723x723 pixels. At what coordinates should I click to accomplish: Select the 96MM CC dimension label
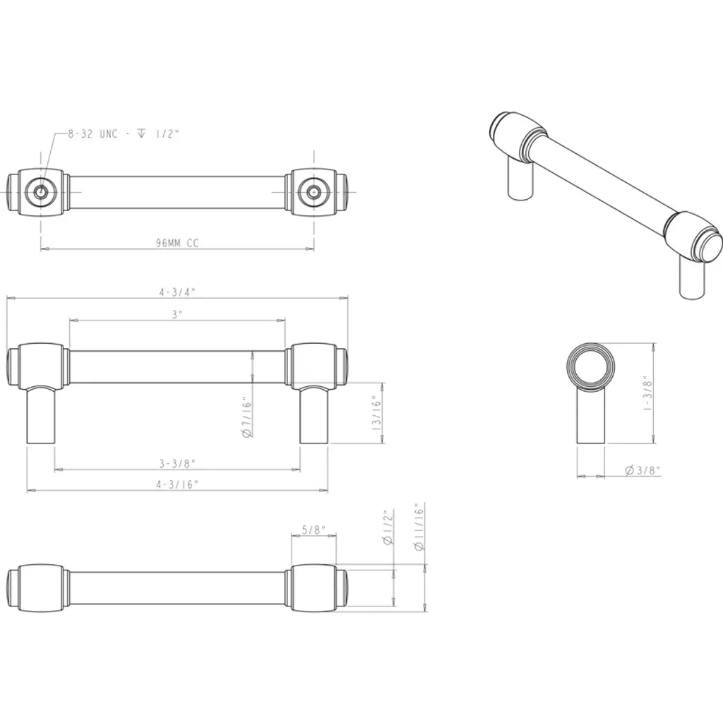tap(177, 243)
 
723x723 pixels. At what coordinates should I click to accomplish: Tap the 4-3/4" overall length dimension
tap(177, 292)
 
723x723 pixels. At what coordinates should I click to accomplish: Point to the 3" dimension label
tap(177, 314)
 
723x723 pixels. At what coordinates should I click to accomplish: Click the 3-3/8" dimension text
tap(177, 463)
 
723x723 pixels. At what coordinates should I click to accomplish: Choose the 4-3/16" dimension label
tap(177, 484)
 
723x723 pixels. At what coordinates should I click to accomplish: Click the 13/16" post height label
tap(377, 412)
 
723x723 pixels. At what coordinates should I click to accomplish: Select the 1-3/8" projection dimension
tap(647, 393)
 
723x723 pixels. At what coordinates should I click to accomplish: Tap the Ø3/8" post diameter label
tap(643, 470)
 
